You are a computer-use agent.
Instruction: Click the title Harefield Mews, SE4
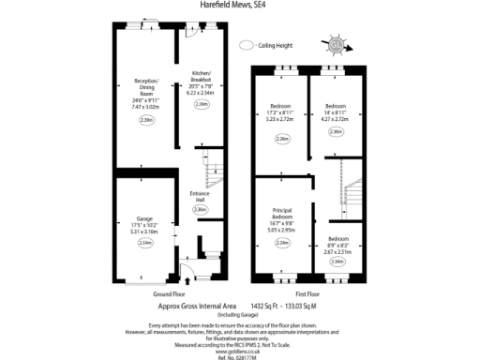239,5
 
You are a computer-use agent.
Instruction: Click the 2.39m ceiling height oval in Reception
145,120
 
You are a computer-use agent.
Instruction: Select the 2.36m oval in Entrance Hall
199,210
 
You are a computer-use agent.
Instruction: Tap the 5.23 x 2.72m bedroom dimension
281,119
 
